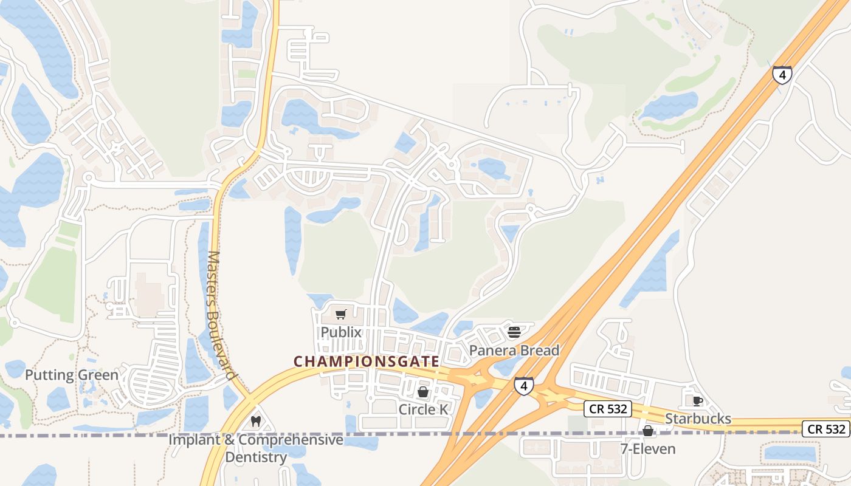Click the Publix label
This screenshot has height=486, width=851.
click(341, 332)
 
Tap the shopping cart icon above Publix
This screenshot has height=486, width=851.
click(341, 314)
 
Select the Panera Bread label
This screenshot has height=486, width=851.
click(514, 351)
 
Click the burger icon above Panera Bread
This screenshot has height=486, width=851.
click(514, 332)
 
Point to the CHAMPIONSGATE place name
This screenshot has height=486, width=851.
click(367, 361)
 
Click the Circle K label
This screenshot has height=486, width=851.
click(423, 409)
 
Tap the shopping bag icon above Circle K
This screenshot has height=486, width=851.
click(423, 392)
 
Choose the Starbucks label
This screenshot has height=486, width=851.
click(698, 419)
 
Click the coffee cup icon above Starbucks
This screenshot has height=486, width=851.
click(697, 401)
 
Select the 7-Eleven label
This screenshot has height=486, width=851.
click(649, 449)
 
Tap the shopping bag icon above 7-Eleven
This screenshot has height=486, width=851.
click(649, 431)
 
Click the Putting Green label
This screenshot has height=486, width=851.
click(72, 375)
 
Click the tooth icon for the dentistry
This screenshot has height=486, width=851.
click(256, 421)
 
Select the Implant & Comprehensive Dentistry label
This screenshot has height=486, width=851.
click(256, 448)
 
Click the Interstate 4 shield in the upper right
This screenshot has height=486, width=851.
click(782, 75)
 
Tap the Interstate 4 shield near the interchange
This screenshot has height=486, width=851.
click(524, 386)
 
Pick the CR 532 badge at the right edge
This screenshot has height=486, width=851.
click(826, 428)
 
